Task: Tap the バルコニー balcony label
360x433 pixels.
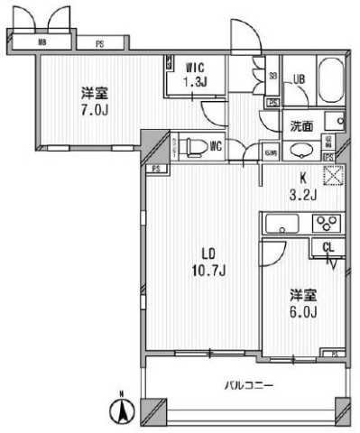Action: [248, 385]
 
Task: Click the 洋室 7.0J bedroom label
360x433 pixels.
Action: [88, 100]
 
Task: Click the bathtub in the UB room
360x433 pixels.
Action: [329, 82]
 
